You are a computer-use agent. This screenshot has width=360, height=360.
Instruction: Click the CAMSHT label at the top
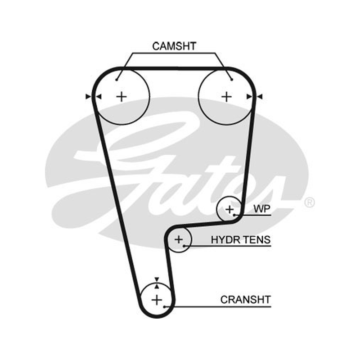coord(174,46)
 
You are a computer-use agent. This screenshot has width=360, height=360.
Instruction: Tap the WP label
coord(262,209)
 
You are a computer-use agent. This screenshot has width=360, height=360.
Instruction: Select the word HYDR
coord(225,240)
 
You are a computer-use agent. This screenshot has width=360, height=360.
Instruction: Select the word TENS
coord(256,240)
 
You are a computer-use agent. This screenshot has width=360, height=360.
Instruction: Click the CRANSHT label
coord(246,300)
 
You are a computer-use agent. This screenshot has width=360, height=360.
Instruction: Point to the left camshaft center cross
coord(121,97)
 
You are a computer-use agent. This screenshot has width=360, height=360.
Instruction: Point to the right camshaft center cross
coord(227,97)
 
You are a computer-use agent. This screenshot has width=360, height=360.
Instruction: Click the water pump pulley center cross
coord(229,209)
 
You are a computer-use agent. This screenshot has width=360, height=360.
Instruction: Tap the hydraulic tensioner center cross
coord(179,240)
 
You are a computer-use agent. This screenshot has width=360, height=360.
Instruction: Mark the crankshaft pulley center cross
coord(157,300)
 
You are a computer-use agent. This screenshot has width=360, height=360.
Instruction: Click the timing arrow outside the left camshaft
coord(88,97)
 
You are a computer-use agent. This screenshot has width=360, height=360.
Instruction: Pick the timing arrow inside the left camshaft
coord(99,97)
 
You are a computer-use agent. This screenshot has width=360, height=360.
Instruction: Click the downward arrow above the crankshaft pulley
coord(157,279)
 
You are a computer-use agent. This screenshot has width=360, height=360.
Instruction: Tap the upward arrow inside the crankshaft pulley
coord(157,286)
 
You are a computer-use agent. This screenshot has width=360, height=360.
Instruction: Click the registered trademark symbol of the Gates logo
coord(309,202)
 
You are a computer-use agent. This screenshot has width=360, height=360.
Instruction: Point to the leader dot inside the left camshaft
coord(117,80)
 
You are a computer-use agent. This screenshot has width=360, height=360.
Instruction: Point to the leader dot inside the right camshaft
coord(232,80)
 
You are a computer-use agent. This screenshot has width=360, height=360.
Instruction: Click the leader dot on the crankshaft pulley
coord(164,306)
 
